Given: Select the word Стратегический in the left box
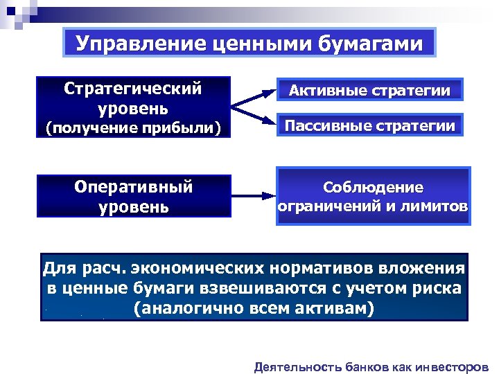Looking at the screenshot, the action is tap(133, 89).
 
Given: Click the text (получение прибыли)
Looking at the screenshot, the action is tap(133, 127).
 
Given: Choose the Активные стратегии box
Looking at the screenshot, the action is tap(369, 90).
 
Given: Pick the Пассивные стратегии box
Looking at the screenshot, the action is tap(370, 125).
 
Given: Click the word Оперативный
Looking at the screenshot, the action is tap(133, 187).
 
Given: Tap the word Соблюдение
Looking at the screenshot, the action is tap(373, 188).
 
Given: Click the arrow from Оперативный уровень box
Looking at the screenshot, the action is tap(252, 197).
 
